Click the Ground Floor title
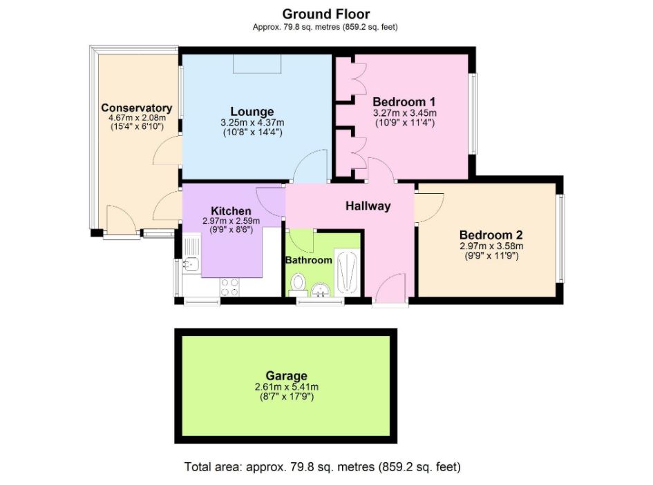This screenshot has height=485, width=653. (326, 14)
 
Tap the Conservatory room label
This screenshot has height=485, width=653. (136, 108)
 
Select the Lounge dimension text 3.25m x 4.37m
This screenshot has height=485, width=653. (252, 123)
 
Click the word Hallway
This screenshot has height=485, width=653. (368, 206)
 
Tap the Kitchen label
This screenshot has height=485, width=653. (231, 210)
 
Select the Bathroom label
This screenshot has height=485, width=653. (309, 260)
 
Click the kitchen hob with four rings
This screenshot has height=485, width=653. (230, 286)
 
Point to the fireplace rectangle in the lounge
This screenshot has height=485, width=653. (257, 63)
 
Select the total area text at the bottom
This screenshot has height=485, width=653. (323, 467)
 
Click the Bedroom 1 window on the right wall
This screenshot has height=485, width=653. (474, 113)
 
